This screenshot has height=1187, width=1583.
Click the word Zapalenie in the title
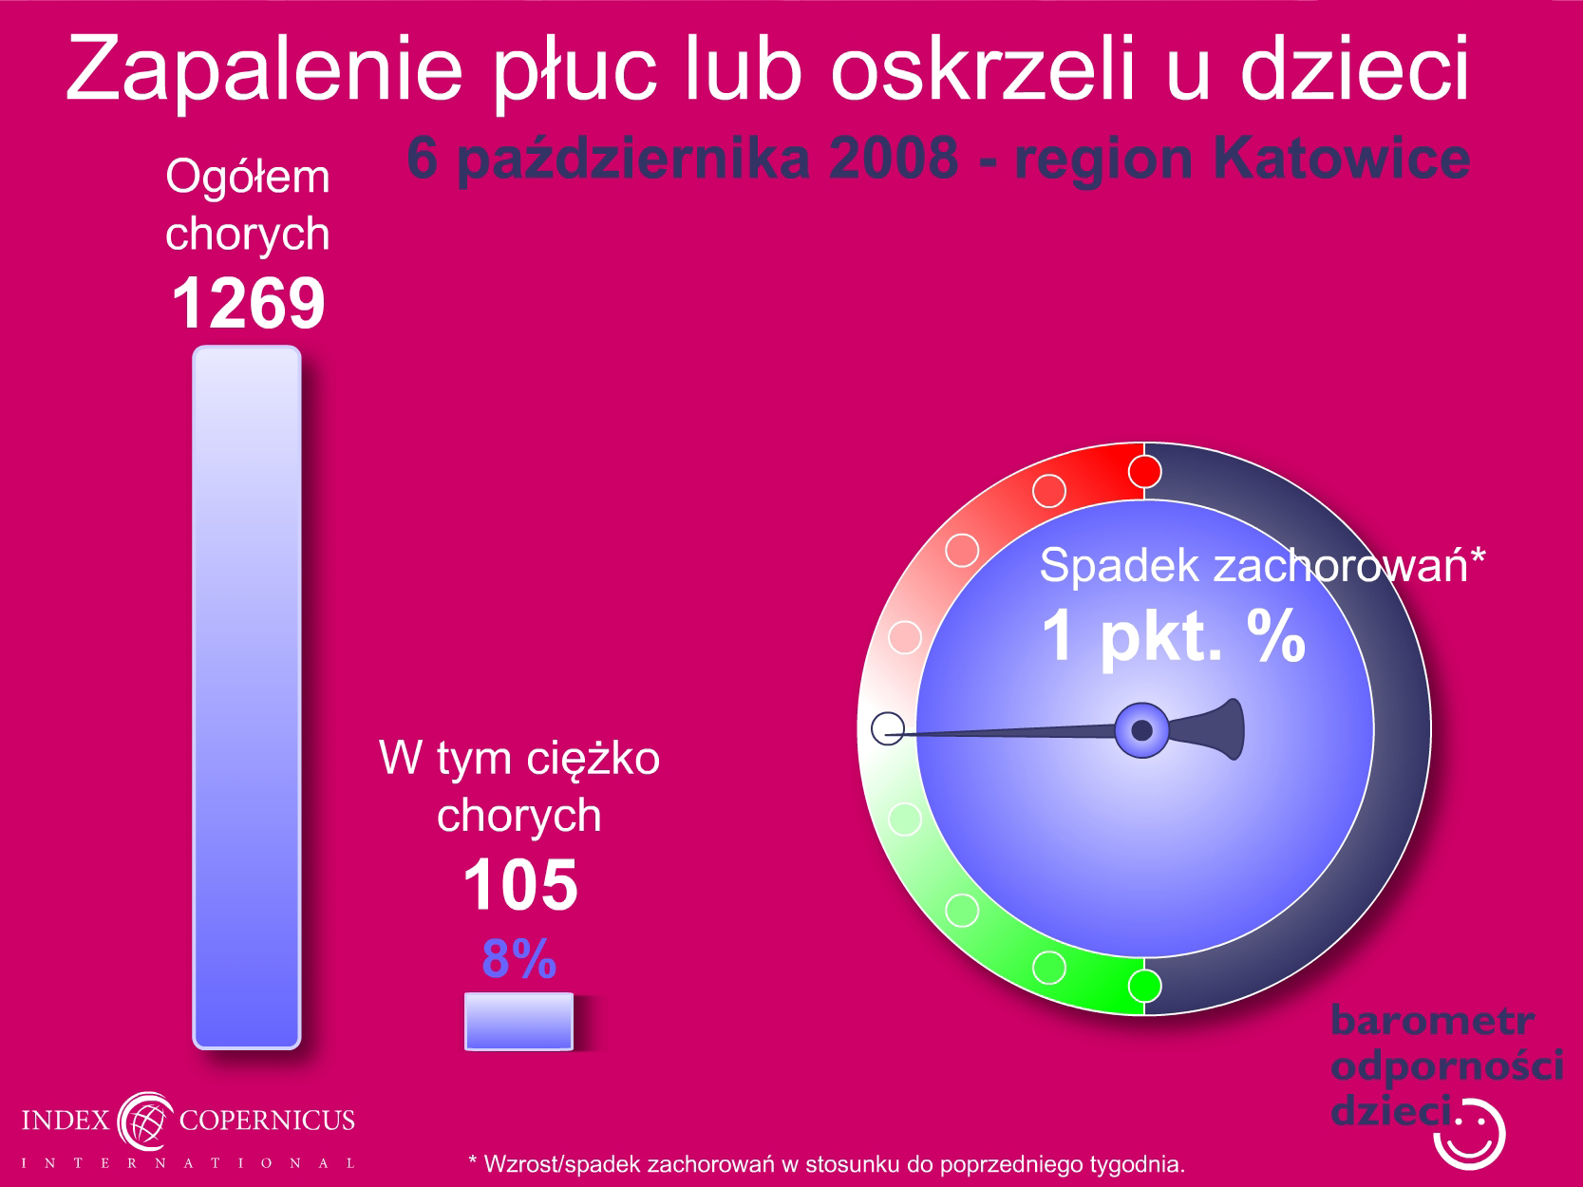click(x=264, y=69)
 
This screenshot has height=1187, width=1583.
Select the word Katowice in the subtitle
click(x=1342, y=158)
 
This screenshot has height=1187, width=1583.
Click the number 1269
click(x=248, y=303)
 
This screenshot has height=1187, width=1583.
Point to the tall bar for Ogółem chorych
click(x=247, y=697)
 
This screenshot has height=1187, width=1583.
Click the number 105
click(x=520, y=885)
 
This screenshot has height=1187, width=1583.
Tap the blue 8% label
click(x=519, y=959)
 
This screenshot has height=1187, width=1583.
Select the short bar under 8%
click(x=519, y=1021)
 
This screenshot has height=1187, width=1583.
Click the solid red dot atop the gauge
click(x=1144, y=472)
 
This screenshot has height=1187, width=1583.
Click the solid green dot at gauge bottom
click(x=1144, y=986)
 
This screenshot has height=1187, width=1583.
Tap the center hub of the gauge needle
click(x=1141, y=730)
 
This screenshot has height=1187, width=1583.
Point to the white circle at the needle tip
click(x=888, y=728)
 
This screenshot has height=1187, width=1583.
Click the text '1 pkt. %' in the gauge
click(x=1174, y=635)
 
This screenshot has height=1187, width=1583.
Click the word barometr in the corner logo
click(x=1432, y=1021)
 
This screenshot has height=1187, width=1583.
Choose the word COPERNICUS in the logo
click(x=267, y=1121)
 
